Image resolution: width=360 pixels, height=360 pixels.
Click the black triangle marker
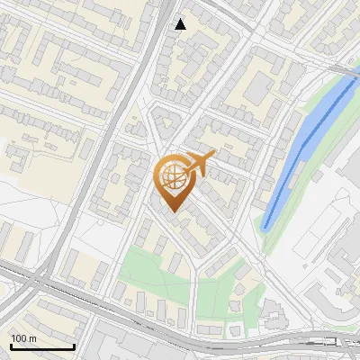click(x=181, y=24)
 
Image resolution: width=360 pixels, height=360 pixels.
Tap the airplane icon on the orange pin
click(x=199, y=164)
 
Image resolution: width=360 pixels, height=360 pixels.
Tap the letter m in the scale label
click(x=33, y=337)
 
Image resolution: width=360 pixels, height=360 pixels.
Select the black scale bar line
click(x=41, y=346)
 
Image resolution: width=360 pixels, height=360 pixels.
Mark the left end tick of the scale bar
click(x=10, y=345)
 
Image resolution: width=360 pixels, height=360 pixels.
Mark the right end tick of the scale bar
click(x=74, y=345)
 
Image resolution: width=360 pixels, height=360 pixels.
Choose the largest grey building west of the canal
click(x=260, y=86)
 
